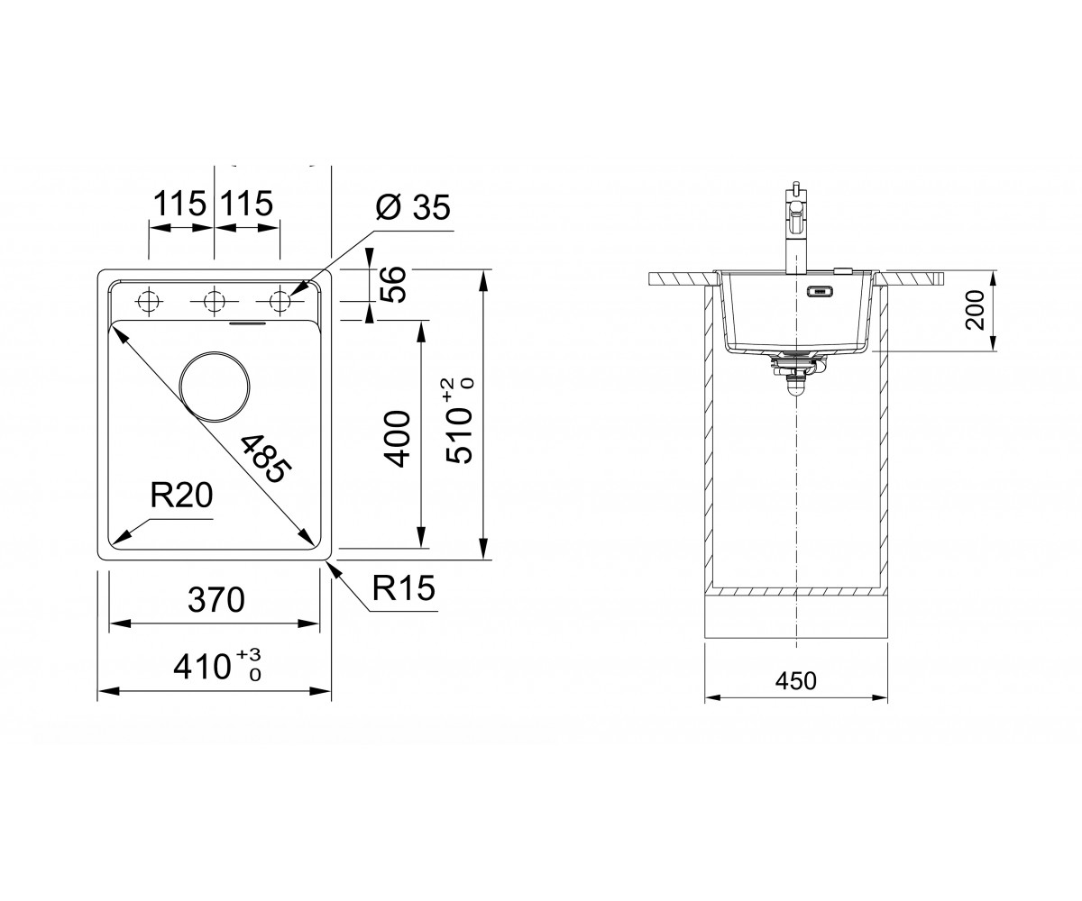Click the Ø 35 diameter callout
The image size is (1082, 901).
413,208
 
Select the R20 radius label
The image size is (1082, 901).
181,496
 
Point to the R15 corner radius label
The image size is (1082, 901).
404,588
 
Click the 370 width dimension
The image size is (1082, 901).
216,600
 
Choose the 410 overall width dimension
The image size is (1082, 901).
217,666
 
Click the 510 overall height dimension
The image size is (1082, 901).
459,421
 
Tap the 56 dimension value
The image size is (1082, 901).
393,284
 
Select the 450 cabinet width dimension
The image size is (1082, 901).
796,681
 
